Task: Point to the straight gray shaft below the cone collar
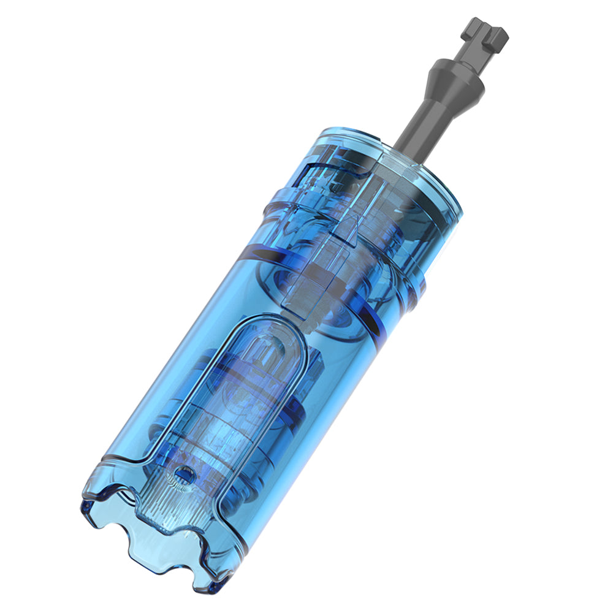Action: coord(423,120)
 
